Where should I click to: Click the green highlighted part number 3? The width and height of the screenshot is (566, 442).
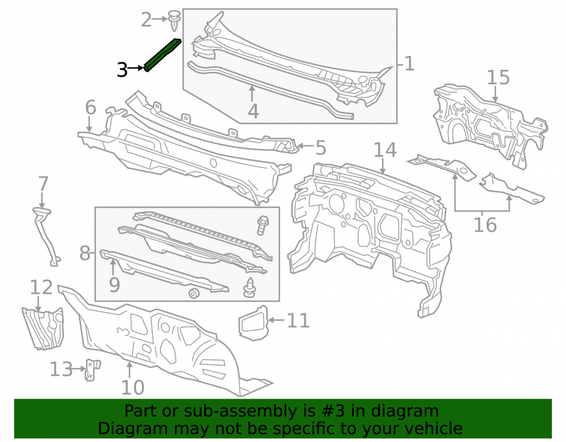coord(162,55)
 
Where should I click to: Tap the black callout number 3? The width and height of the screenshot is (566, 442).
coord(122,70)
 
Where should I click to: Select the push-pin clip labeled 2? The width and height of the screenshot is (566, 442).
coord(174,20)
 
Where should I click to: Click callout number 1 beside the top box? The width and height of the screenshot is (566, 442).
coord(409,63)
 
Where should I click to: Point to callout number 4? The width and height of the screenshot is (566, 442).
coord(253,111)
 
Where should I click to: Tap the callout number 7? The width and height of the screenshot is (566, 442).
coord(43,184)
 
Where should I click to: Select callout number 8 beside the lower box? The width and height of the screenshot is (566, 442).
coord(85,253)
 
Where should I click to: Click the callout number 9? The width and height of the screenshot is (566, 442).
coord(114,285)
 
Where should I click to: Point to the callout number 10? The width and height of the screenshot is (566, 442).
coord(132,388)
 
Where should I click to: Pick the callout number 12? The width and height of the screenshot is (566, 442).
coord(41,287)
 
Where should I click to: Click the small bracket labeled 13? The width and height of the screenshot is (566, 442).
coord(93,369)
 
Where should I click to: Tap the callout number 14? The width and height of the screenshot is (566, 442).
coord(385,150)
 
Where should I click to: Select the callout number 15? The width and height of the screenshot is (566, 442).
coord(498,77)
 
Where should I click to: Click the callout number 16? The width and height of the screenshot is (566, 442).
coord(485,225)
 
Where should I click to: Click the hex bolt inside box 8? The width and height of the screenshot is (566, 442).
coord(263,225)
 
